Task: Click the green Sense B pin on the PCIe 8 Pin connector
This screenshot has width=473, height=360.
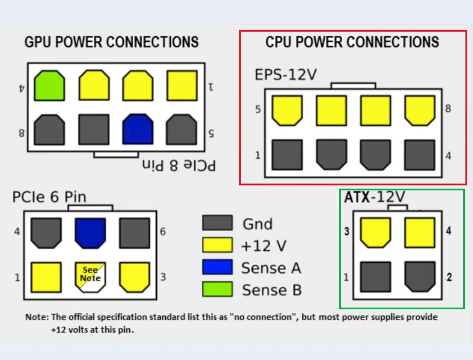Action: point(50,86)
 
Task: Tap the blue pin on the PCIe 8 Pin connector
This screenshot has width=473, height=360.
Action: point(138,129)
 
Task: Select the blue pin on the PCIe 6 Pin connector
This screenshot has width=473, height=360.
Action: point(90,233)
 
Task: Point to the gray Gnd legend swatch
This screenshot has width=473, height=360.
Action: point(217,223)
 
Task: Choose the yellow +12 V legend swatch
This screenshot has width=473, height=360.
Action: point(217,245)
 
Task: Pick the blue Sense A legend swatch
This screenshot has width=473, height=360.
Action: point(217,267)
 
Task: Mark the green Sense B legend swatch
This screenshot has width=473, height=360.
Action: point(217,289)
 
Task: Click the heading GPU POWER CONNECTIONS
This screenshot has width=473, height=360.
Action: point(111,42)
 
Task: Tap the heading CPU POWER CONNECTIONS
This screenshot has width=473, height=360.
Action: point(352,42)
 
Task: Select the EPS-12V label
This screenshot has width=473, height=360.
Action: point(286,75)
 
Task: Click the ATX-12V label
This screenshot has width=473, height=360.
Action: point(375,197)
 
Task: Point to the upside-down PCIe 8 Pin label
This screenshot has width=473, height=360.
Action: point(179,166)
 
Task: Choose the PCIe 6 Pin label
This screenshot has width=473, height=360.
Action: point(49,197)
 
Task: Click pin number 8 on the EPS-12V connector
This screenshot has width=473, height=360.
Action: point(448,109)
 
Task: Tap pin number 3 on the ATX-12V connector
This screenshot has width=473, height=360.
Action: point(346,231)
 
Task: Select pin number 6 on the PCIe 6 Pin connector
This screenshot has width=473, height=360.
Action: point(163,232)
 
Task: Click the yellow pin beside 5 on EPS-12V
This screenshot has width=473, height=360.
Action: point(287,110)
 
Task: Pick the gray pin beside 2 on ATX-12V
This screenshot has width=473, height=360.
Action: point(419,276)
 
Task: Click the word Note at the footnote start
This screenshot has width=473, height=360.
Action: point(36,317)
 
